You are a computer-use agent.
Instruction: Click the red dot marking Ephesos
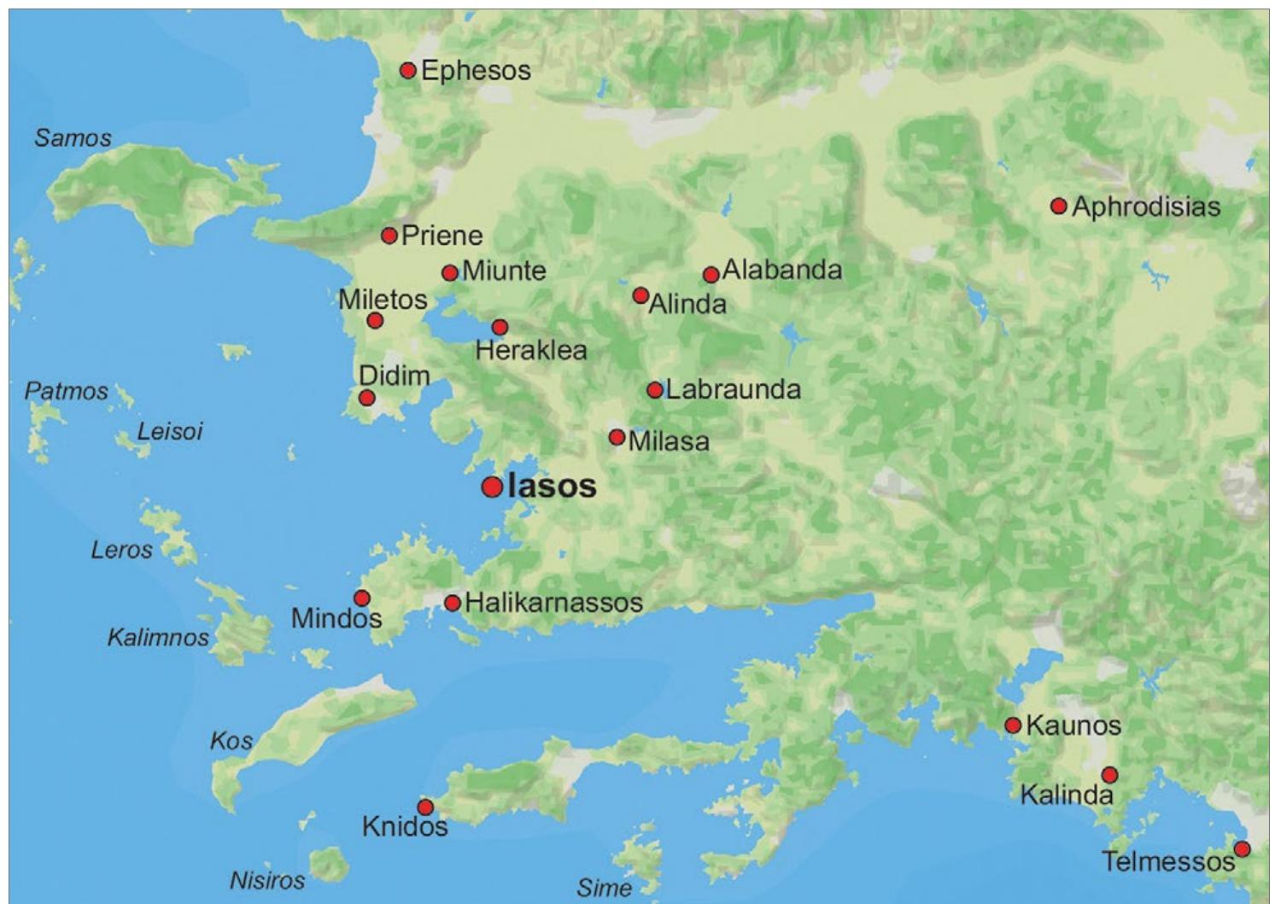coord(408,70)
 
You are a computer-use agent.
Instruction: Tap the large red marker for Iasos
coord(492,487)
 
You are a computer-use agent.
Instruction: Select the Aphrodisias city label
coord(1146,207)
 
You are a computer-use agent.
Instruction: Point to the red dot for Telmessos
coord(1243,849)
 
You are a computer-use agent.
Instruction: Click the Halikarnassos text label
coord(553,603)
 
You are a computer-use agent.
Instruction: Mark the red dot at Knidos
coord(425,808)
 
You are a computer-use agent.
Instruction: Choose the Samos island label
coord(73,138)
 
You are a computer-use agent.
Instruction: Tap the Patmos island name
coord(66,392)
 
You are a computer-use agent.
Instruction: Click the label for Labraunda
coord(733,390)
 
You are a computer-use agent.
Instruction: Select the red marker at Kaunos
coord(1013,726)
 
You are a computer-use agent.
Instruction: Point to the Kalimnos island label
coord(158,638)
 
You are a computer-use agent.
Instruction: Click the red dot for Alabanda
coord(711,275)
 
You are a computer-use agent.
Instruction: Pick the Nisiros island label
coord(267,880)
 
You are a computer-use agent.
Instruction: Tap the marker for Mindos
coord(362,598)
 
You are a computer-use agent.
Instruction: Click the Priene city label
coord(442,236)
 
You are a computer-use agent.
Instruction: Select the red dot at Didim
coord(367,398)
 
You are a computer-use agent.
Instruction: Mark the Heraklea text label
coord(531,350)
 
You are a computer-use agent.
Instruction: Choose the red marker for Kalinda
coord(1109,775)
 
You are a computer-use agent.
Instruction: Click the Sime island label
coord(604,889)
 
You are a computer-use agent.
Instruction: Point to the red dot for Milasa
coord(617,438)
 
